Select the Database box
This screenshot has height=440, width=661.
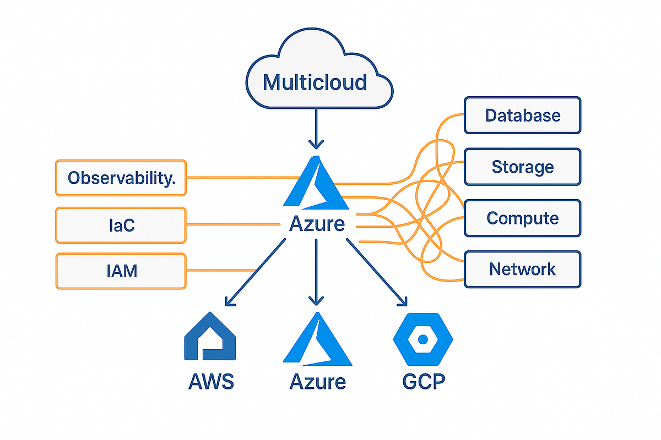[x=522, y=115]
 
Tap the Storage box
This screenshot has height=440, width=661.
[x=522, y=166]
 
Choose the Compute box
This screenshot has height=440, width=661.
[x=522, y=218]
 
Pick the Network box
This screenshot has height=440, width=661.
[x=522, y=269]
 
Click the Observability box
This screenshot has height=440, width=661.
[x=121, y=178]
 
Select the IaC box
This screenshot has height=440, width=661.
[x=121, y=225]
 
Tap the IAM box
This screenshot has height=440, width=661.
[x=121, y=271]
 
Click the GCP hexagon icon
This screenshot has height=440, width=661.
[x=422, y=340]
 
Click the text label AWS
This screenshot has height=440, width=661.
[x=211, y=381]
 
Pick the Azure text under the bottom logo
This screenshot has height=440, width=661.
[x=317, y=381]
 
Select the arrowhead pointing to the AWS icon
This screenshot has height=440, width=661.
[x=227, y=302]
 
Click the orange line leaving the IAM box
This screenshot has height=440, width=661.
[x=220, y=270]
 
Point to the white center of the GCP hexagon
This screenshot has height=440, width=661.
[x=422, y=340]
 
